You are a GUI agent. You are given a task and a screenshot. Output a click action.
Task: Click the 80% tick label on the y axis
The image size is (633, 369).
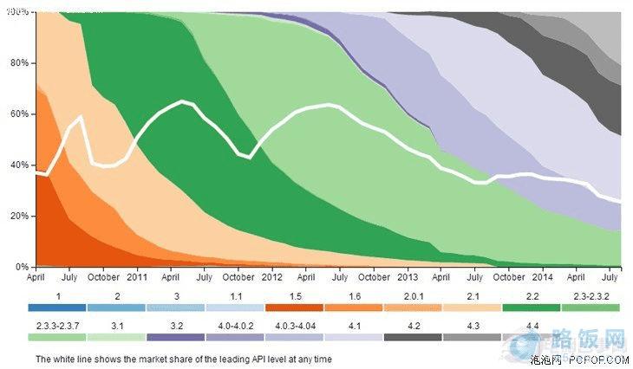coord(20,63)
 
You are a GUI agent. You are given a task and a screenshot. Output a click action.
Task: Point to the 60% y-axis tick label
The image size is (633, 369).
coord(20,113)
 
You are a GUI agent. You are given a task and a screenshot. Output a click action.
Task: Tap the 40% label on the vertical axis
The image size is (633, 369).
coord(20,165)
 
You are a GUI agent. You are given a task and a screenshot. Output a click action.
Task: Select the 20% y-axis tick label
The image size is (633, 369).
coord(20,216)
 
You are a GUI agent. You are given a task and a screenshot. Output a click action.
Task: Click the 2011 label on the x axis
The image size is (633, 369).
coord(137,277)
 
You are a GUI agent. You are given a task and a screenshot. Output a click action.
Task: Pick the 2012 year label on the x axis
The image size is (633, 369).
coord(271,277)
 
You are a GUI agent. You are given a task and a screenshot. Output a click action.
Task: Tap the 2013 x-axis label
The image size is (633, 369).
coord(408,277)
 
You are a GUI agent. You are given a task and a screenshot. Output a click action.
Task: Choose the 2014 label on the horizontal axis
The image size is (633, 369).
coord(542,277)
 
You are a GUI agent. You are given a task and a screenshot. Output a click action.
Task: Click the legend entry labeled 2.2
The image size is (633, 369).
coord(532,295)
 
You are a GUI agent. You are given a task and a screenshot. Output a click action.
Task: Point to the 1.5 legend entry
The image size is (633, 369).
coord(294,295)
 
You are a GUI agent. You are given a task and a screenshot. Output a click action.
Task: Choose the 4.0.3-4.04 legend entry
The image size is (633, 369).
coord(294,325)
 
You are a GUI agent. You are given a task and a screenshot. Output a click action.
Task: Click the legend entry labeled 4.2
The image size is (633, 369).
coord(413,325)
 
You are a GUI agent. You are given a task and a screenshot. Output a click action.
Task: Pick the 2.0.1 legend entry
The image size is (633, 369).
coord(413,295)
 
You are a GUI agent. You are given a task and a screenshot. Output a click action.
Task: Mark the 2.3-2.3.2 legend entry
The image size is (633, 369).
coord(591,295)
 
